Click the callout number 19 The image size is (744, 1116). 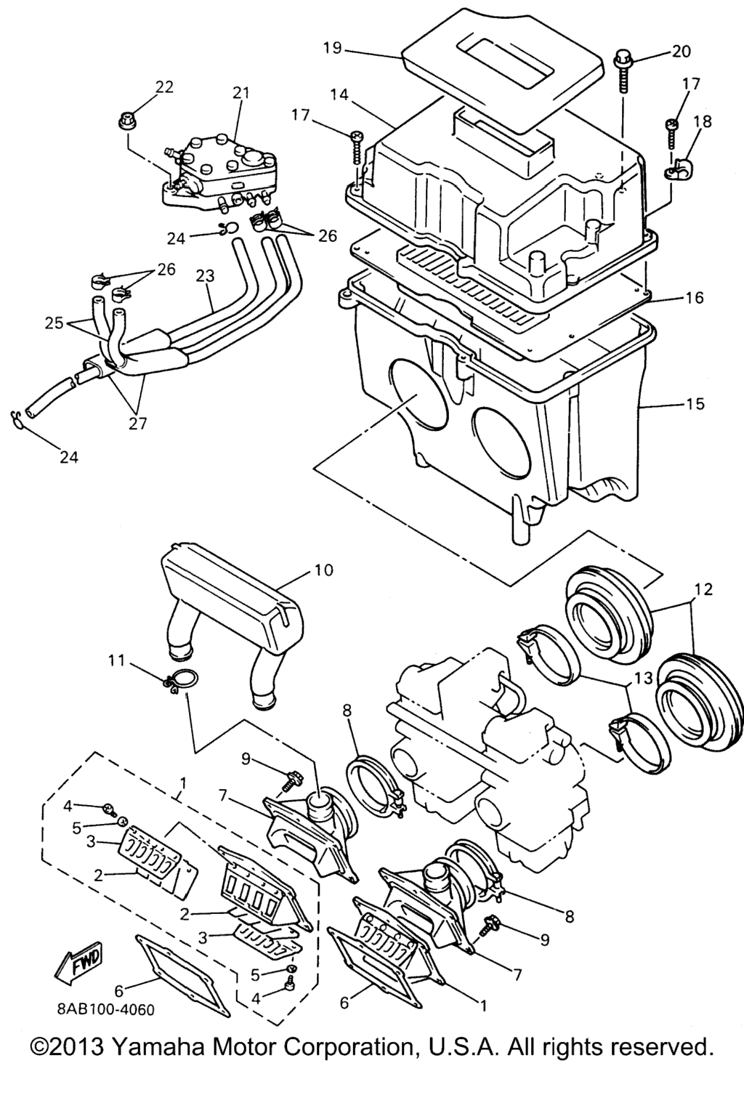[x=332, y=49]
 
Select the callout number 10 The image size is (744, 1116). [x=324, y=570]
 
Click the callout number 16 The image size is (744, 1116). [x=694, y=298]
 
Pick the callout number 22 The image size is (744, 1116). [x=164, y=87]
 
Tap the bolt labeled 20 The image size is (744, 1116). [x=623, y=70]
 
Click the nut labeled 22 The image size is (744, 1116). [x=127, y=120]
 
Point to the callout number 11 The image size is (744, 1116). [x=117, y=662]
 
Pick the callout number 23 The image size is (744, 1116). [x=205, y=275]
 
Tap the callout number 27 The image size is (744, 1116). [x=138, y=424]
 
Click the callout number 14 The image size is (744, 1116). [x=340, y=94]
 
